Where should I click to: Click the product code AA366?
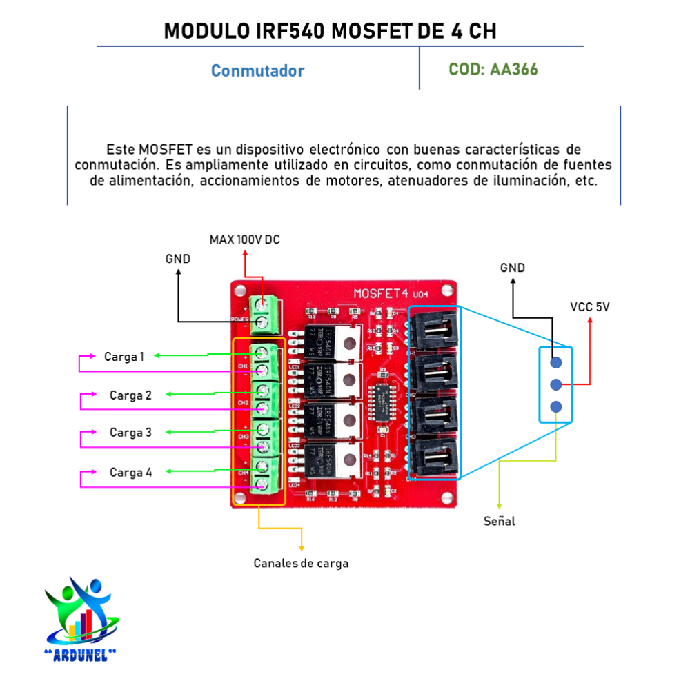pyautogui.click(x=514, y=70)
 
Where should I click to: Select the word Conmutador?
pyautogui.click(x=257, y=71)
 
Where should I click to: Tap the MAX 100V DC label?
pyautogui.click(x=245, y=239)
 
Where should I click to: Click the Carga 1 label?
pyautogui.click(x=124, y=357)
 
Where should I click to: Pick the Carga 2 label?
pyautogui.click(x=130, y=395)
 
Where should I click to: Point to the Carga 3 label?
pyautogui.click(x=130, y=433)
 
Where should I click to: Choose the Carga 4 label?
pyautogui.click(x=130, y=473)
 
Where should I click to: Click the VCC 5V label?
pyautogui.click(x=589, y=306)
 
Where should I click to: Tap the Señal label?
pyautogui.click(x=499, y=522)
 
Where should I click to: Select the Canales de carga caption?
pyautogui.click(x=301, y=563)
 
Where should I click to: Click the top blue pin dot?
pyautogui.click(x=556, y=362)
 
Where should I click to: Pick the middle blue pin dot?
pyautogui.click(x=556, y=384)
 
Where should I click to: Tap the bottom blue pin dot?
pyautogui.click(x=556, y=406)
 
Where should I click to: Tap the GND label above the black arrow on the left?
pyautogui.click(x=177, y=259)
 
